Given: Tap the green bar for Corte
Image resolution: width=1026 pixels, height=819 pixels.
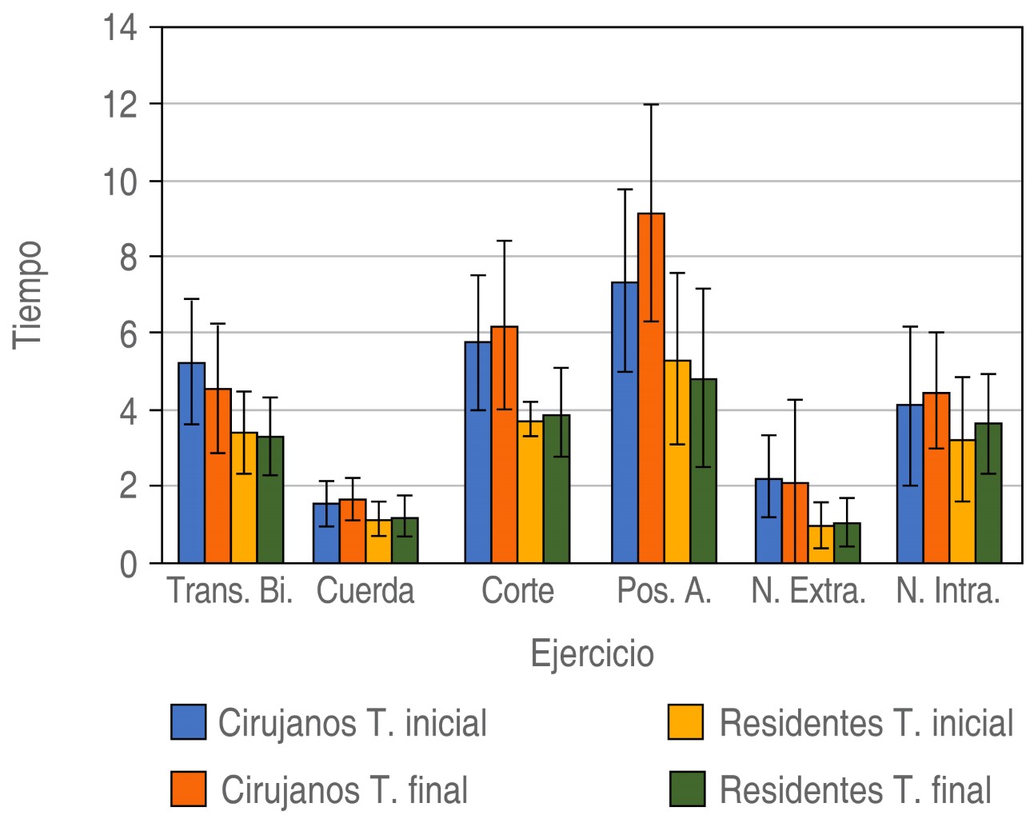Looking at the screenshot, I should [x=557, y=489].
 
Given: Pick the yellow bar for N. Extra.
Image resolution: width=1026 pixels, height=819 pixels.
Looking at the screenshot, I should [x=821, y=544].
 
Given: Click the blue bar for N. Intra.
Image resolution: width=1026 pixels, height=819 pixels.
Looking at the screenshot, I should [x=910, y=484].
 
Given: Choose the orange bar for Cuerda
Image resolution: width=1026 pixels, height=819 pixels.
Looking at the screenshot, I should [x=353, y=531].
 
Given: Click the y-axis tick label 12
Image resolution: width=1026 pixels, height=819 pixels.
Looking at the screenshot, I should [x=120, y=105].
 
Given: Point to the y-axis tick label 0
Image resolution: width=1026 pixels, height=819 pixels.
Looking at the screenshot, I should [x=128, y=565].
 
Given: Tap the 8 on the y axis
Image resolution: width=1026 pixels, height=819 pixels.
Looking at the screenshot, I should [x=128, y=258].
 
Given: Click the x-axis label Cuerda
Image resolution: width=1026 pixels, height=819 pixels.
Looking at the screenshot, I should [x=365, y=592].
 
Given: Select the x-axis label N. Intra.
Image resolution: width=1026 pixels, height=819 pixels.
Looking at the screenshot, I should [x=948, y=592].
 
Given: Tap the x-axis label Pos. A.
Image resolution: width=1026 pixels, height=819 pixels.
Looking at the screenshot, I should [x=665, y=592].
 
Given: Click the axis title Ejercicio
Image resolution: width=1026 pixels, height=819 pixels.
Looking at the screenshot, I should [x=593, y=653].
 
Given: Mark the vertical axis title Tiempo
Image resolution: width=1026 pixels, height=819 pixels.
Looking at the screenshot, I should [x=27, y=294].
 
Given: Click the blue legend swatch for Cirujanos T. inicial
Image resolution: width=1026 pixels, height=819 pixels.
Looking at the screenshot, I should [x=189, y=721].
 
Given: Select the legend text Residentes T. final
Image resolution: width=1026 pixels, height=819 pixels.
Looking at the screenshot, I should [x=856, y=790].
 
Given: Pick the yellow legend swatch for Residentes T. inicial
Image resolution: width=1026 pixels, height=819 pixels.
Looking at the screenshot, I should [x=686, y=721].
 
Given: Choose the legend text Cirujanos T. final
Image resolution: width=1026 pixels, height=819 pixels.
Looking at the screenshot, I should [x=345, y=790].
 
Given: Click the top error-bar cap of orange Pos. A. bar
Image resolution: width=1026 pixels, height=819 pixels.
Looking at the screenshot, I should [x=651, y=105].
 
